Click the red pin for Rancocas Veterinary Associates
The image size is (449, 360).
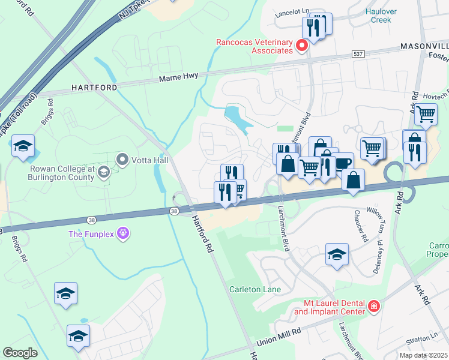(303, 46)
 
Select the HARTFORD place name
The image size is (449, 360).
(94, 88)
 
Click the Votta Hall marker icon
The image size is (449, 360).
(123, 160)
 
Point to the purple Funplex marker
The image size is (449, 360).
(123, 233)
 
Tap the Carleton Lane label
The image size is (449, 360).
(255, 289)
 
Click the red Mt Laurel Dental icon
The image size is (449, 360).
(374, 307)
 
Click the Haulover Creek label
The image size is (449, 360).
(378, 16)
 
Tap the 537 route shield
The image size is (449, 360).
(359, 54)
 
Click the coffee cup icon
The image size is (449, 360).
(343, 163)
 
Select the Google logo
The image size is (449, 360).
(20, 352)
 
